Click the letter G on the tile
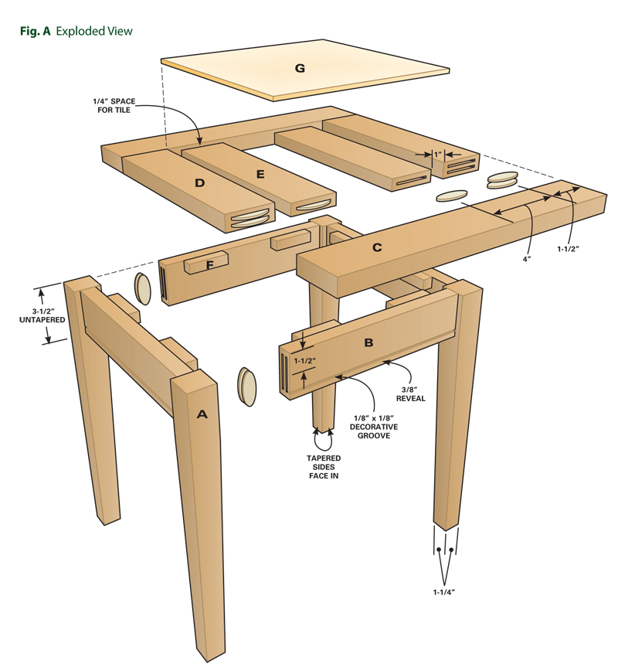(300, 68)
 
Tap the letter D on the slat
(199, 183)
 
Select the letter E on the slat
(260, 174)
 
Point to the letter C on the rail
(377, 247)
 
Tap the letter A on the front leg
(202, 414)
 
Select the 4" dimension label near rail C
(526, 260)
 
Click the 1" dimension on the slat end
(437, 155)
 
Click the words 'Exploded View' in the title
(94, 32)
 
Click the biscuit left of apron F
(143, 289)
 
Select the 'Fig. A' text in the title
(34, 32)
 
